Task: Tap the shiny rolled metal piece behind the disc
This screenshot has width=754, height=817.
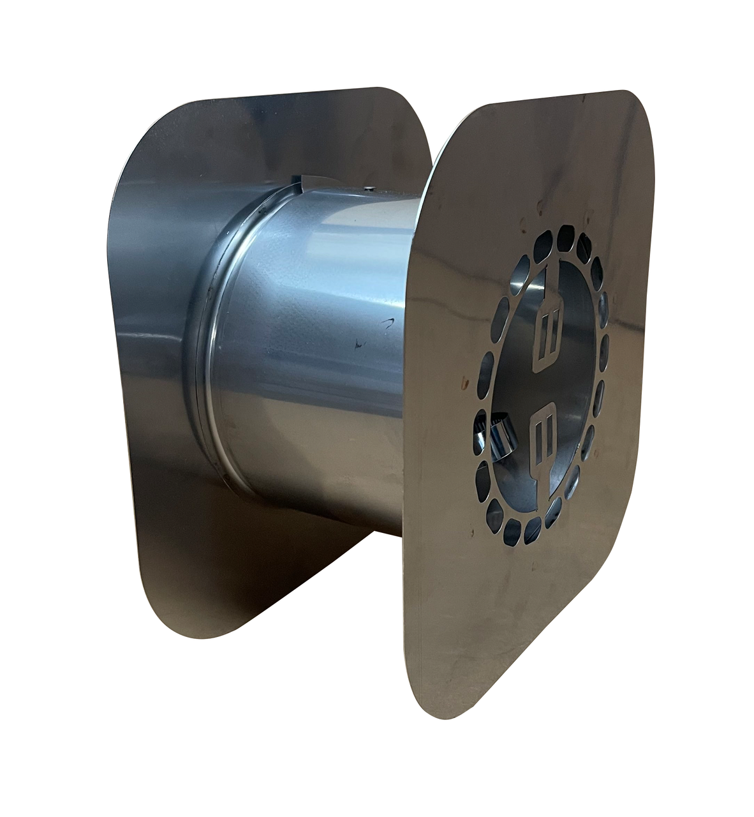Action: tap(491, 441)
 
